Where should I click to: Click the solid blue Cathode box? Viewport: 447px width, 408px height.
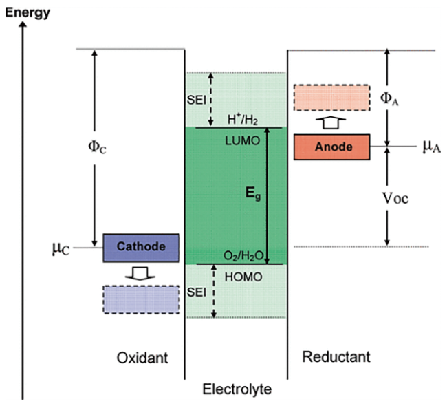coord(141,248)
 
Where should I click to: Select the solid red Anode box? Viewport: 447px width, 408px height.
coord(332,147)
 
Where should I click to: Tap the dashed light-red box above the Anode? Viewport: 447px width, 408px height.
coord(332,98)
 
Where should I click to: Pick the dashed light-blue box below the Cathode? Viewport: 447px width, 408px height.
coord(141,299)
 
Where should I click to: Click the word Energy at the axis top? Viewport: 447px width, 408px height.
coord(28,13)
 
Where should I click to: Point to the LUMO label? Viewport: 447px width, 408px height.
coord(243,140)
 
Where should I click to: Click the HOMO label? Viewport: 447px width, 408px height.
coord(243,277)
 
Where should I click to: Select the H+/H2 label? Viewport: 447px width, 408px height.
coord(243,120)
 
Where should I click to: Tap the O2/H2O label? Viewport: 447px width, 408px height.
coord(243,256)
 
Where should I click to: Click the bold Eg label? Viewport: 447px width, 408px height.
coord(253,194)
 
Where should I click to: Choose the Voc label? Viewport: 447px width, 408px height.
coord(395,198)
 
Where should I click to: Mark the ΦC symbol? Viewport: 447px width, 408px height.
coord(97,147)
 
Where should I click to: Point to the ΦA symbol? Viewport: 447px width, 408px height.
coord(389,98)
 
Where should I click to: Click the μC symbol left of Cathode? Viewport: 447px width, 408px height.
coord(61,248)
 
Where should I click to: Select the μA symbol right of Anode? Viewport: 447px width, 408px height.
coord(432,147)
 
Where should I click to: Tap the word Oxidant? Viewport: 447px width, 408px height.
coord(142,358)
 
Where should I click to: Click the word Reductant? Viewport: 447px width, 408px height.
coord(336,356)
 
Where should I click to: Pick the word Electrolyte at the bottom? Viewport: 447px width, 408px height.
coord(237,389)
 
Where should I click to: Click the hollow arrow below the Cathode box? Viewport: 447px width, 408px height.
coord(140,273)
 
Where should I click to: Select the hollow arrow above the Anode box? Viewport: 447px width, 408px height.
coord(331,123)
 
